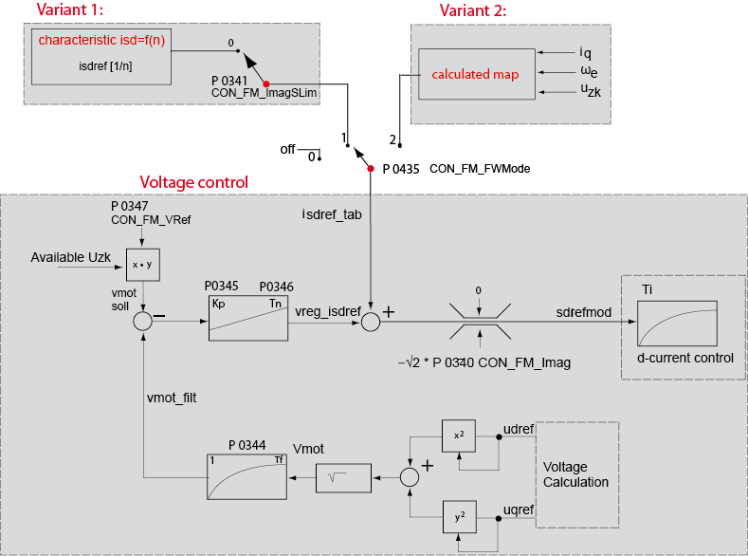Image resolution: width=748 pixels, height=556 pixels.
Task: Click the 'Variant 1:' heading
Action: pyautogui.click(x=68, y=10)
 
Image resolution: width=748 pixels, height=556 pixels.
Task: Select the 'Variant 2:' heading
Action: pyautogui.click(x=472, y=10)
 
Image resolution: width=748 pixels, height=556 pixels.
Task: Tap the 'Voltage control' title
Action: pyautogui.click(x=193, y=182)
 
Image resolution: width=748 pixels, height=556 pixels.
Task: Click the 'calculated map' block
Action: pyautogui.click(x=475, y=74)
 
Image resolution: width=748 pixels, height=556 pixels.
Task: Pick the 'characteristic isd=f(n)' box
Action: pyautogui.click(x=100, y=54)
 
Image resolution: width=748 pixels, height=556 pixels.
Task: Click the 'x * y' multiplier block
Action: pyautogui.click(x=143, y=264)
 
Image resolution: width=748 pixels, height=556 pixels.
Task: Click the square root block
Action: pyautogui.click(x=343, y=477)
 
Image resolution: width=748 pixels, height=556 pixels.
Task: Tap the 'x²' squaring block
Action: pyautogui.click(x=459, y=436)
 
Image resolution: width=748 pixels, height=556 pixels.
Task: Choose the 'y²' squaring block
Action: pyautogui.click(x=459, y=519)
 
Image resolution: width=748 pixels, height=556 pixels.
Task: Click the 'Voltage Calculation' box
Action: pyautogui.click(x=576, y=474)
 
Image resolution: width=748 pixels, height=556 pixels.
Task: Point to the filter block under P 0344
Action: pyautogui.click(x=246, y=476)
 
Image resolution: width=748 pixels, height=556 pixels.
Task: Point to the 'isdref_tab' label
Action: pyautogui.click(x=332, y=214)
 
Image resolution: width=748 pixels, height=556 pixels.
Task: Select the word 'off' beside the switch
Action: pyautogui.click(x=287, y=150)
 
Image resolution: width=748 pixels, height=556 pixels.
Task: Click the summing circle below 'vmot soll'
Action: pyautogui.click(x=142, y=322)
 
